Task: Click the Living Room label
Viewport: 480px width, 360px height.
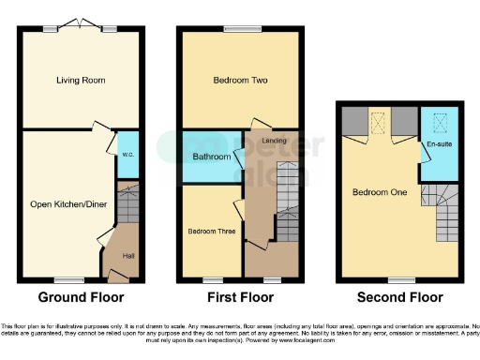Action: (79, 81)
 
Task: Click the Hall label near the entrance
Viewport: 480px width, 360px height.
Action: (127, 255)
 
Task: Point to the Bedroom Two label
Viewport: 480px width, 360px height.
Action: (242, 81)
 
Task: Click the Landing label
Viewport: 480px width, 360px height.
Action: (275, 141)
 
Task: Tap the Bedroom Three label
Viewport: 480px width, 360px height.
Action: (211, 231)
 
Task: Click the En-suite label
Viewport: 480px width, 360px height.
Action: (439, 145)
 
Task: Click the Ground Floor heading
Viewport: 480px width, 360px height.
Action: (79, 298)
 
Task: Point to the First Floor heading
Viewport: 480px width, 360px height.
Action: (241, 298)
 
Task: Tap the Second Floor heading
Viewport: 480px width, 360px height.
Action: (400, 298)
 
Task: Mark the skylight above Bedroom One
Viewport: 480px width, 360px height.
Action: (379, 120)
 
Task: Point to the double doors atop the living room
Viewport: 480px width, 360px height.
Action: (79, 25)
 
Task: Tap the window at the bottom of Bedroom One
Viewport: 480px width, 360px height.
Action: (402, 279)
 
